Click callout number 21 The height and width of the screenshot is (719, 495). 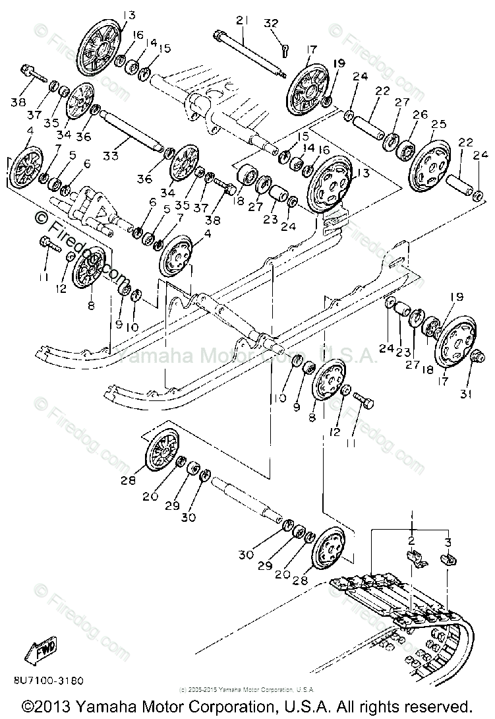[241, 22]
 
